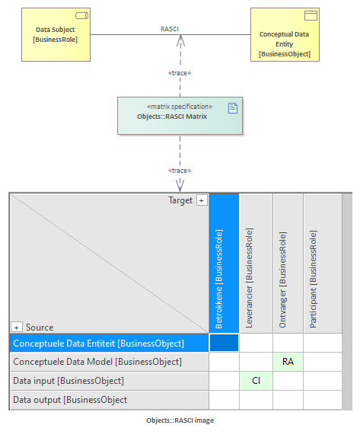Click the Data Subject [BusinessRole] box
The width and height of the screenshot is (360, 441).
[56, 34]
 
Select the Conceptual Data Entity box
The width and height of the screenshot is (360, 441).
[285, 34]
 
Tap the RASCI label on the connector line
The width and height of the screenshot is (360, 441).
[170, 29]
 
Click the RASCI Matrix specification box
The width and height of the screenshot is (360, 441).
[180, 116]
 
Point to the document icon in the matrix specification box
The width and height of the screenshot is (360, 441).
[233, 108]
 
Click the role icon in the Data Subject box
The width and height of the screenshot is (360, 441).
[81, 16]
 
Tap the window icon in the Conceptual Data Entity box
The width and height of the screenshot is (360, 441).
[311, 15]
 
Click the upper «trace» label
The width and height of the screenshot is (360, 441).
[180, 73]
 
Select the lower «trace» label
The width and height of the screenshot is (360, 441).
[180, 171]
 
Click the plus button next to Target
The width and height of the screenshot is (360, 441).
[202, 200]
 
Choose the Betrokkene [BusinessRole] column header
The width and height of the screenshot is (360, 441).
[225, 264]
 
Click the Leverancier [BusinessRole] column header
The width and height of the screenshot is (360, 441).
[256, 264]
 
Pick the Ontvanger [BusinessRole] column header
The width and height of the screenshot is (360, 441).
[288, 264]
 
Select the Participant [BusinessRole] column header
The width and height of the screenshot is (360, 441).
[323, 264]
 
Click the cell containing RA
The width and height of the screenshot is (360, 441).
[288, 361]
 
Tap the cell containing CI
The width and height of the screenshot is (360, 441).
[256, 381]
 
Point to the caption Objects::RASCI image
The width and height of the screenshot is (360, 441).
[180, 420]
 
